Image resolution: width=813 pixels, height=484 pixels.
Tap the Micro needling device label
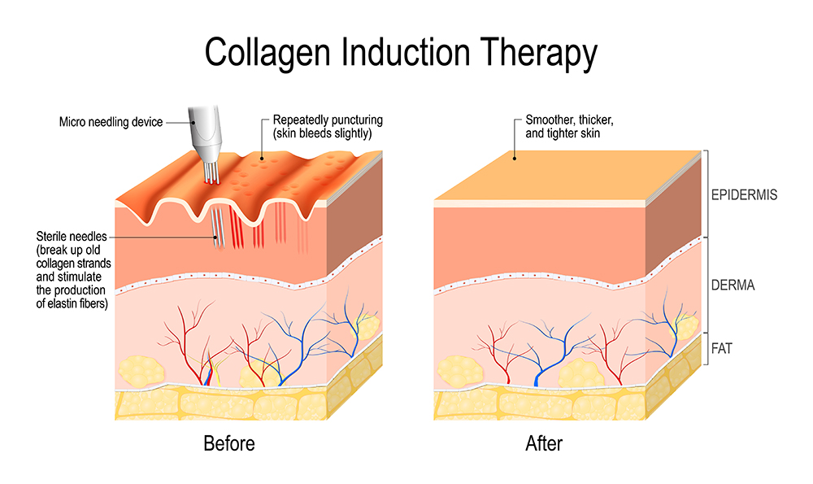[111, 122]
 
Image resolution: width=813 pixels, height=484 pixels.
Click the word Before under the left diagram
[228, 443]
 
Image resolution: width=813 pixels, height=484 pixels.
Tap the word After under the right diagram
[544, 443]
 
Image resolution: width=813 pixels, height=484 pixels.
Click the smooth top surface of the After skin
[561, 175]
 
